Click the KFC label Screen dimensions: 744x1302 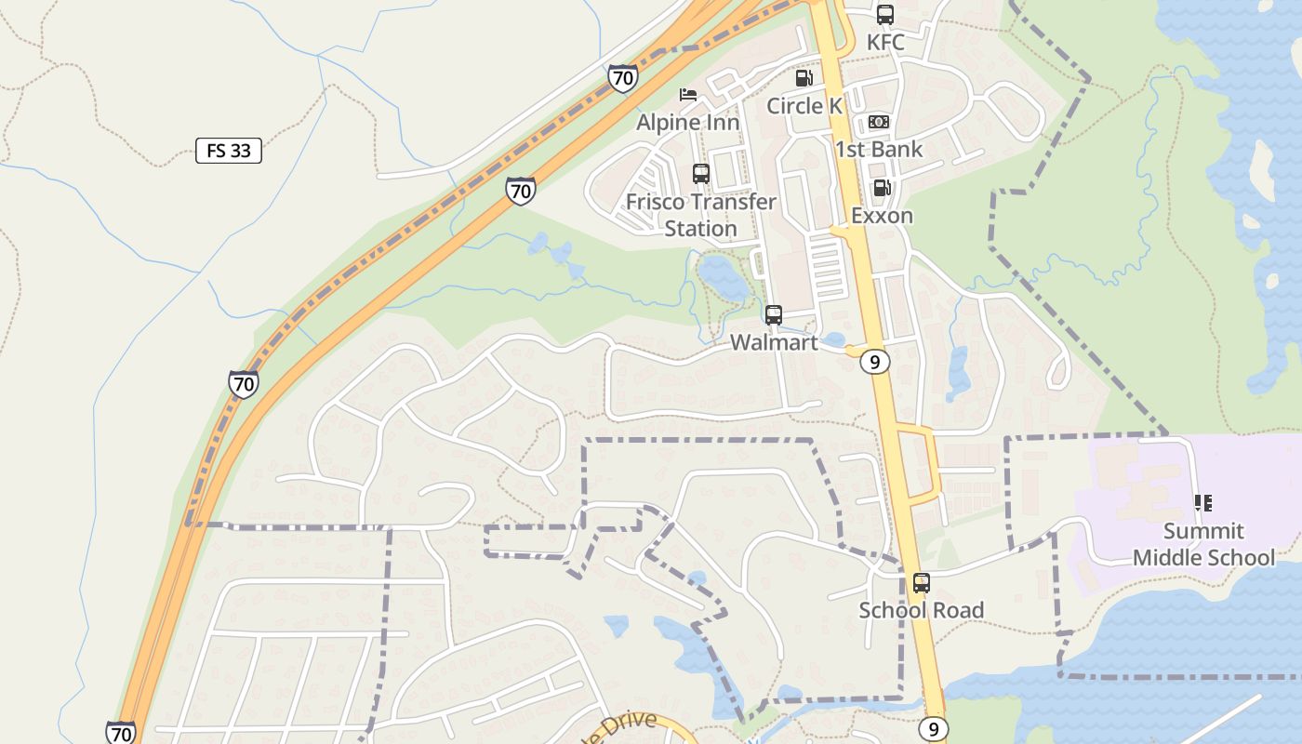pyautogui.click(x=884, y=43)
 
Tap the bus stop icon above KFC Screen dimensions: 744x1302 pyautogui.click(x=884, y=15)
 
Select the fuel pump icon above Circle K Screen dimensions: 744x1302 pyautogui.click(x=804, y=78)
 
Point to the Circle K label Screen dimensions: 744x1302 pyautogui.click(x=804, y=106)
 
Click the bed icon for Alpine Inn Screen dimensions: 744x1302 pyautogui.click(x=688, y=95)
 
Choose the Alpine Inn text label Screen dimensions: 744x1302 pyautogui.click(x=688, y=122)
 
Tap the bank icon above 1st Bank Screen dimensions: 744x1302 pyautogui.click(x=879, y=122)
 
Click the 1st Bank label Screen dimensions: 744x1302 pyautogui.click(x=879, y=149)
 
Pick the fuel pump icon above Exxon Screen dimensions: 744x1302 pyautogui.click(x=882, y=189)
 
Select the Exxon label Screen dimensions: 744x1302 pyautogui.click(x=882, y=216)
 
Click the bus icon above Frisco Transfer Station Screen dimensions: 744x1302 pyautogui.click(x=701, y=174)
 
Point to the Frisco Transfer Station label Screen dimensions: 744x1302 pyautogui.click(x=701, y=215)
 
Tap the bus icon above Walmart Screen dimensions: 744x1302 pyautogui.click(x=774, y=315)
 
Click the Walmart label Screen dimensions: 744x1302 pyautogui.click(x=774, y=342)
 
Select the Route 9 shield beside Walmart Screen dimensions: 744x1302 pyautogui.click(x=874, y=362)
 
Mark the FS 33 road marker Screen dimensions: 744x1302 pyautogui.click(x=229, y=151)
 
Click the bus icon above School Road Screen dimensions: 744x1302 pyautogui.click(x=921, y=583)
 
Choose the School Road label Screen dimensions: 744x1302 pyautogui.click(x=921, y=610)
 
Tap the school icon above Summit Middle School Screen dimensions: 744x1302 pyautogui.click(x=1203, y=503)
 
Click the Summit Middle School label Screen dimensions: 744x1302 pyautogui.click(x=1203, y=544)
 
